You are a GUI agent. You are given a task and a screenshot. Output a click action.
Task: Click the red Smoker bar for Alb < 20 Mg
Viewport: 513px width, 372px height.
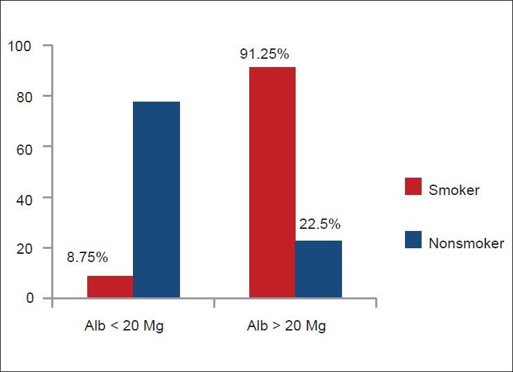tap(110, 287)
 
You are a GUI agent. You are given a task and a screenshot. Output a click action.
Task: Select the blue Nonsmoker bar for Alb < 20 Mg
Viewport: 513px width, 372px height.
tap(156, 200)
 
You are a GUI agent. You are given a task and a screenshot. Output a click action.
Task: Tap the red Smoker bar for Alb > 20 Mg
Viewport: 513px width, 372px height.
tap(272, 183)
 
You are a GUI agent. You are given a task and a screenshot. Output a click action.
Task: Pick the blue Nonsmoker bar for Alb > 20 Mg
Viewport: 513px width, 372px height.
tap(318, 269)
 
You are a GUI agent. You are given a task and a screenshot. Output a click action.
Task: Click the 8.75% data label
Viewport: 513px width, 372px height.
tap(87, 258)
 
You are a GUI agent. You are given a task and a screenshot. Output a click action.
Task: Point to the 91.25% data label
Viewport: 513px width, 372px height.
tap(264, 53)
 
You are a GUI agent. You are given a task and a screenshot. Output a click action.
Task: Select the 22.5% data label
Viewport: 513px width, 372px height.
tap(320, 224)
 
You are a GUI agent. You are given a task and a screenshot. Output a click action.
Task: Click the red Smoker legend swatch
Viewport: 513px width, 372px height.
tap(413, 186)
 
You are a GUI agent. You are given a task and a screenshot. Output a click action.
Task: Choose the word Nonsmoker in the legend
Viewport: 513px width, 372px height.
tap(467, 243)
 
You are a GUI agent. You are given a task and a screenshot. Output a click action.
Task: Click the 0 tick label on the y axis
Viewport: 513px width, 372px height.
tap(29, 298)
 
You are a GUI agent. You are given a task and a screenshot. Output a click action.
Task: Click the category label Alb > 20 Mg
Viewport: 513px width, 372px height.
tap(287, 326)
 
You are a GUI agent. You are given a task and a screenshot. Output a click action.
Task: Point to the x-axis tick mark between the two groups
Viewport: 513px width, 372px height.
tap(214, 302)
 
